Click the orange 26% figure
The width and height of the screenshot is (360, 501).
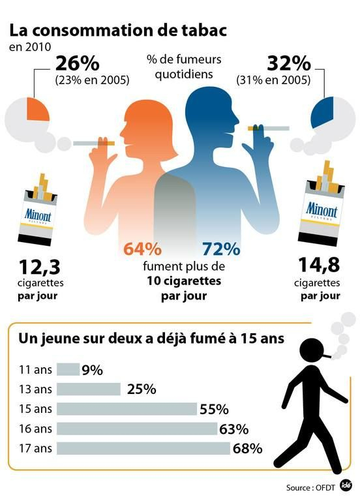click(77, 64)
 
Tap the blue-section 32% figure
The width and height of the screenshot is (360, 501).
click(288, 64)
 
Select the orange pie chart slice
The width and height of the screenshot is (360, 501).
click(37, 110)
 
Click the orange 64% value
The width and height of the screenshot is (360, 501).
click(142, 249)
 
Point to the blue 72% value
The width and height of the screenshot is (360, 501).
click(220, 249)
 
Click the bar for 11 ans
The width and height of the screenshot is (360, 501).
click(68, 370)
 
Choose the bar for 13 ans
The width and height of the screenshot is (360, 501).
click(89, 389)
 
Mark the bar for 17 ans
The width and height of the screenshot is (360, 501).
click(143, 448)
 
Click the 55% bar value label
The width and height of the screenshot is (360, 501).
click(214, 409)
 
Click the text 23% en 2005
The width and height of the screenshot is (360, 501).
click(92, 81)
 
